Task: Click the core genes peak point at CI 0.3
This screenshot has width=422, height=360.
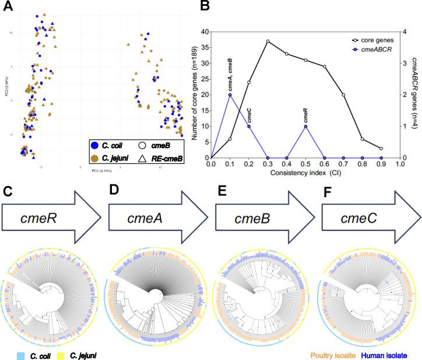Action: point(268,41)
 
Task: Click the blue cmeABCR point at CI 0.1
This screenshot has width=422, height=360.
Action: point(230,95)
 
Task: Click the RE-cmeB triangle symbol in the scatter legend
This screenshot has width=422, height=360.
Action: point(143,157)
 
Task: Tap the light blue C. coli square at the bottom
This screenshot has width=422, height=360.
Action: point(19,355)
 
